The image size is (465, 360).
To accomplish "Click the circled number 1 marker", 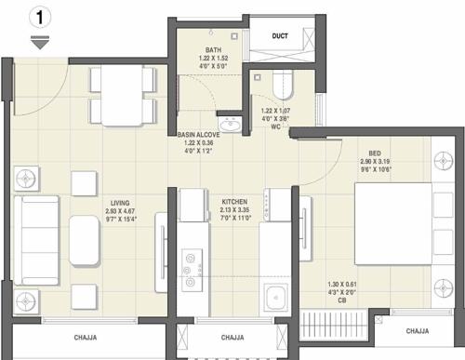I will tap(38, 16).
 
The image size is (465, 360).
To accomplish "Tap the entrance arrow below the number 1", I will tap(38, 42).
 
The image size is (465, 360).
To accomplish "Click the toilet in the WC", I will tap(282, 87).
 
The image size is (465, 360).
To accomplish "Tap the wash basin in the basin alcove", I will tap(229, 124).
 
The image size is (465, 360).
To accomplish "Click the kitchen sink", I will tap(276, 299).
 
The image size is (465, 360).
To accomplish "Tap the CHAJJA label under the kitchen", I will tap(232, 338).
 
